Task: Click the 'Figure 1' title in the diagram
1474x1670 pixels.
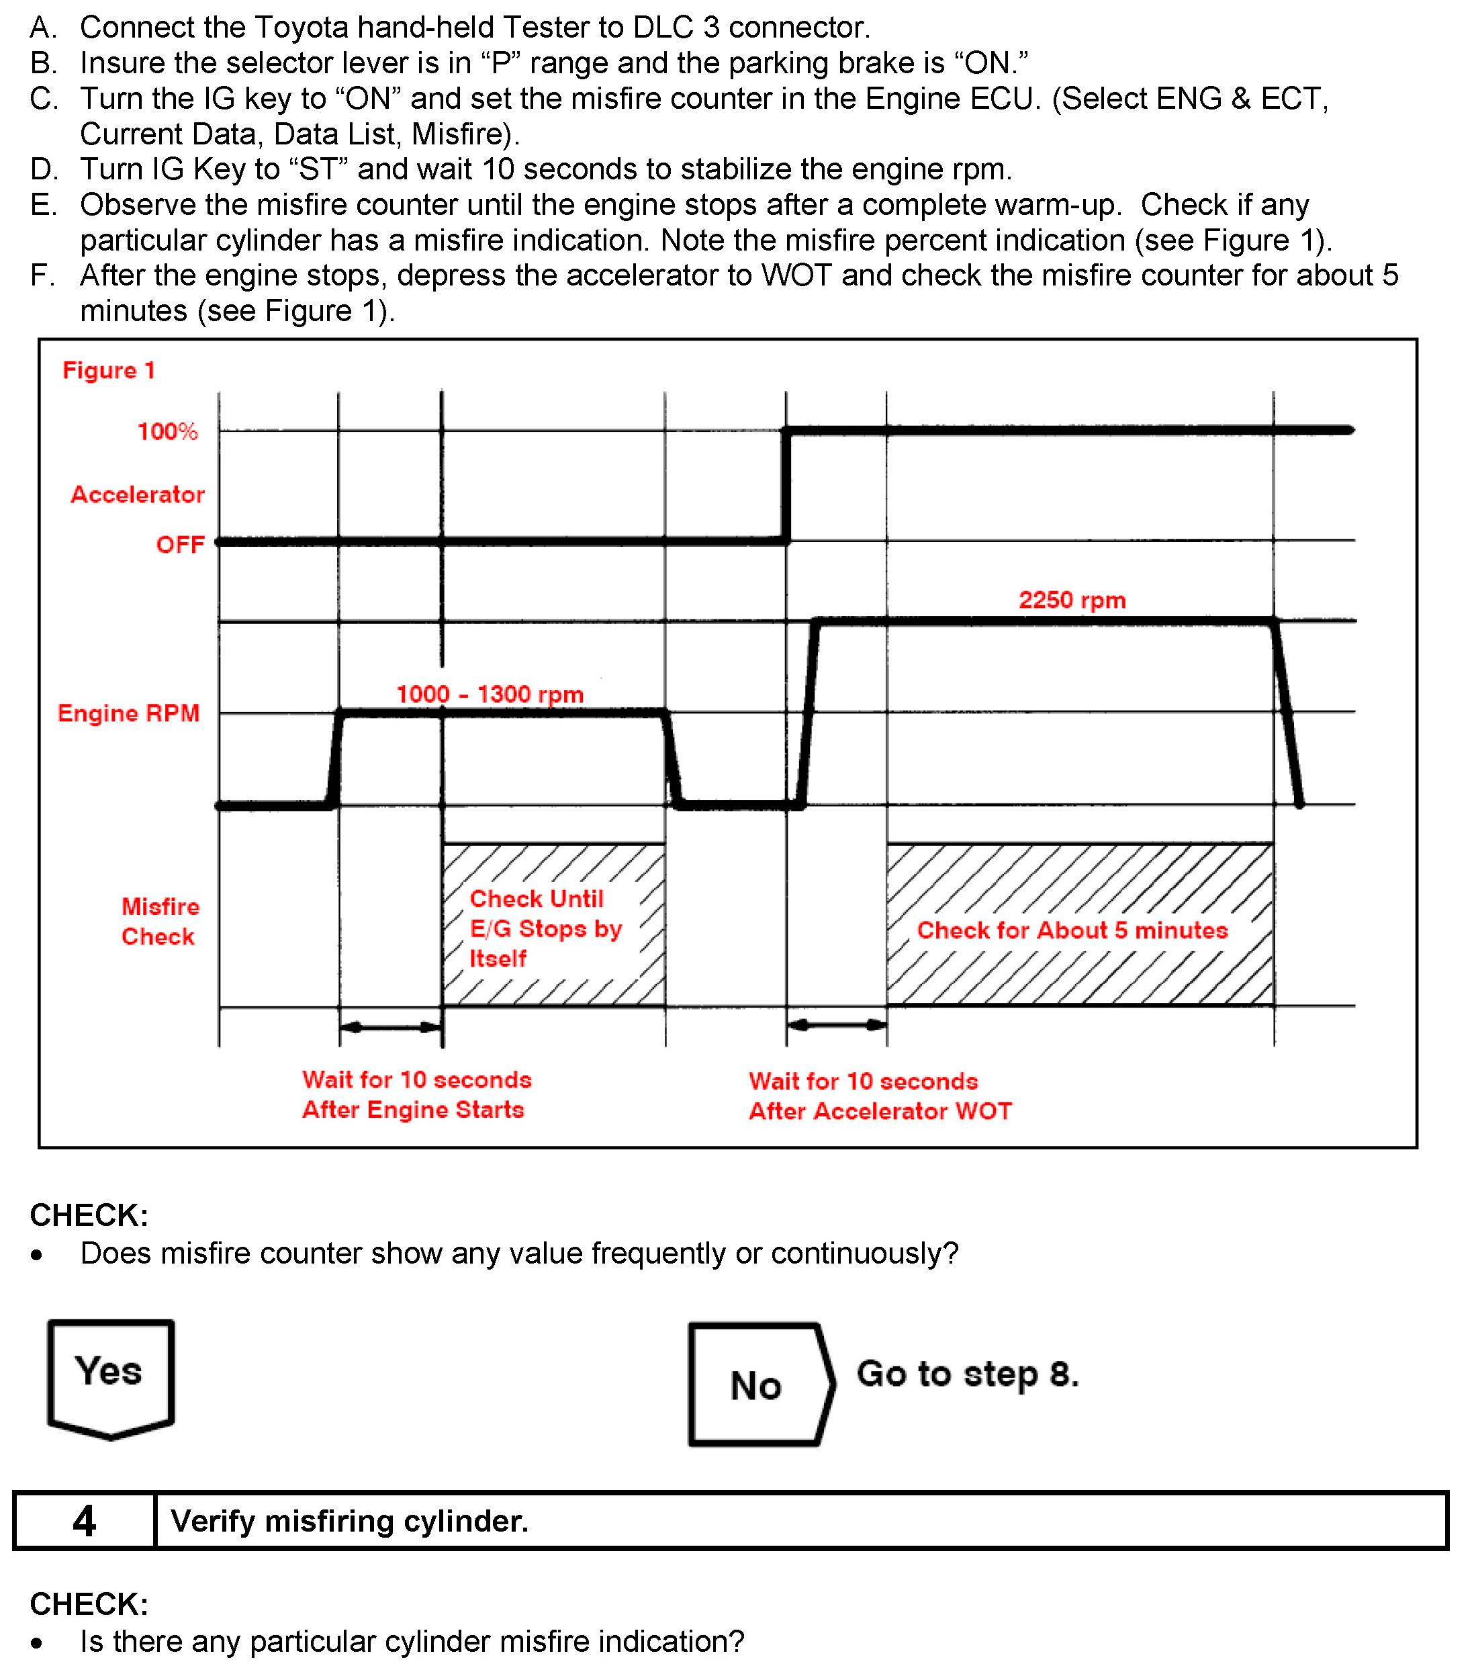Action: coord(109,370)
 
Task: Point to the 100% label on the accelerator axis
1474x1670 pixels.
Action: coord(167,431)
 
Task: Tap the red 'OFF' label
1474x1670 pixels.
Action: coord(180,544)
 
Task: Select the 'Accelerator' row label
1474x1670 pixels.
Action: coord(137,494)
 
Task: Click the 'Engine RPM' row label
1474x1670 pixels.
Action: coord(128,713)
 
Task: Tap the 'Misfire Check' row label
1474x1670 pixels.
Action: coord(160,922)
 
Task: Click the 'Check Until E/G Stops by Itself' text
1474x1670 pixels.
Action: coord(545,928)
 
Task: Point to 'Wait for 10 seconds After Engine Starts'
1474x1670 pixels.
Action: coord(416,1094)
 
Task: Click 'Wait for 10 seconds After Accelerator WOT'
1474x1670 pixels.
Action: coord(880,1096)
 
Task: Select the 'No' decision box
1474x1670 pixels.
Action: coord(759,1386)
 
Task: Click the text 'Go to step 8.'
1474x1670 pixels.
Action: coord(967,1374)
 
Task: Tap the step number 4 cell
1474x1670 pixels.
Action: coord(84,1522)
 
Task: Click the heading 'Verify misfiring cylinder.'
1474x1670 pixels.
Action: coord(349,1522)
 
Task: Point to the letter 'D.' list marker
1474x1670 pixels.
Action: coord(44,169)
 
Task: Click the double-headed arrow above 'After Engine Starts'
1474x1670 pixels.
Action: coord(390,1027)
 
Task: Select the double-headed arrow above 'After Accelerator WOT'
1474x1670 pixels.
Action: coord(836,1024)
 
